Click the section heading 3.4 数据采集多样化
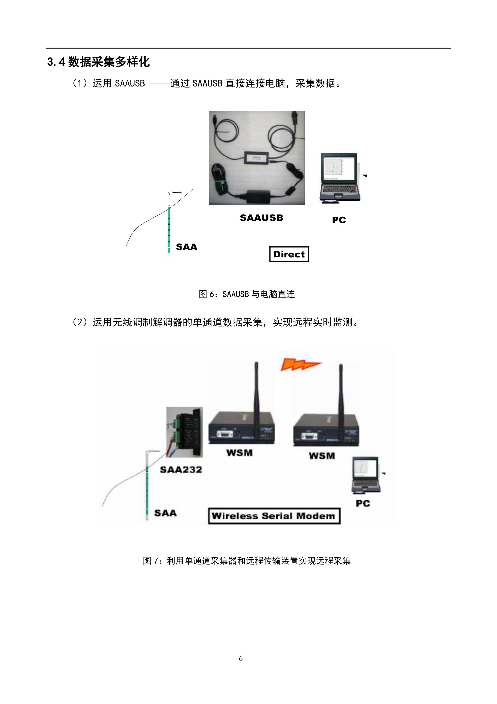coord(98,62)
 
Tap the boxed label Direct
coord(289,254)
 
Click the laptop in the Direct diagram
coord(339,178)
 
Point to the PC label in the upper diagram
coord(339,220)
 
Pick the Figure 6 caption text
coord(247,294)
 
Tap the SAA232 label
coord(181,470)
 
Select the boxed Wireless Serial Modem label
coord(274,516)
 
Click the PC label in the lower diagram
coord(363,503)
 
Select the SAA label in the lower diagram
coord(165,513)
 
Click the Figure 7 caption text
coord(247,561)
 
